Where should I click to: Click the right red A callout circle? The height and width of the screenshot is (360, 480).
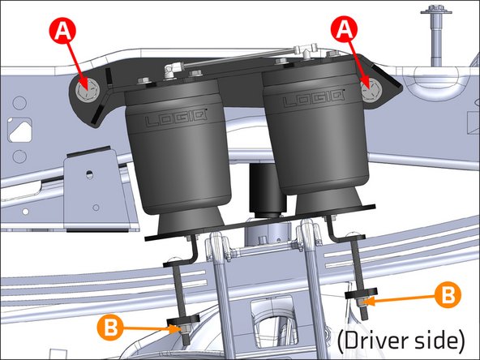tap(346, 31)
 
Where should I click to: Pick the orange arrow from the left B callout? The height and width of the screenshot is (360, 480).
tap(146, 328)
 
